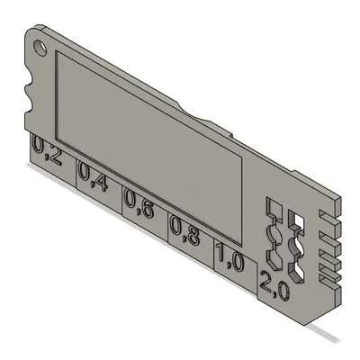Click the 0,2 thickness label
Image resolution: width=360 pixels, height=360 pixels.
coord(48,152)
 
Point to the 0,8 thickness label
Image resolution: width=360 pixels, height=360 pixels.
coord(184,232)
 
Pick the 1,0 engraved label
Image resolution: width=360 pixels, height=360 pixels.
coord(229,261)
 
